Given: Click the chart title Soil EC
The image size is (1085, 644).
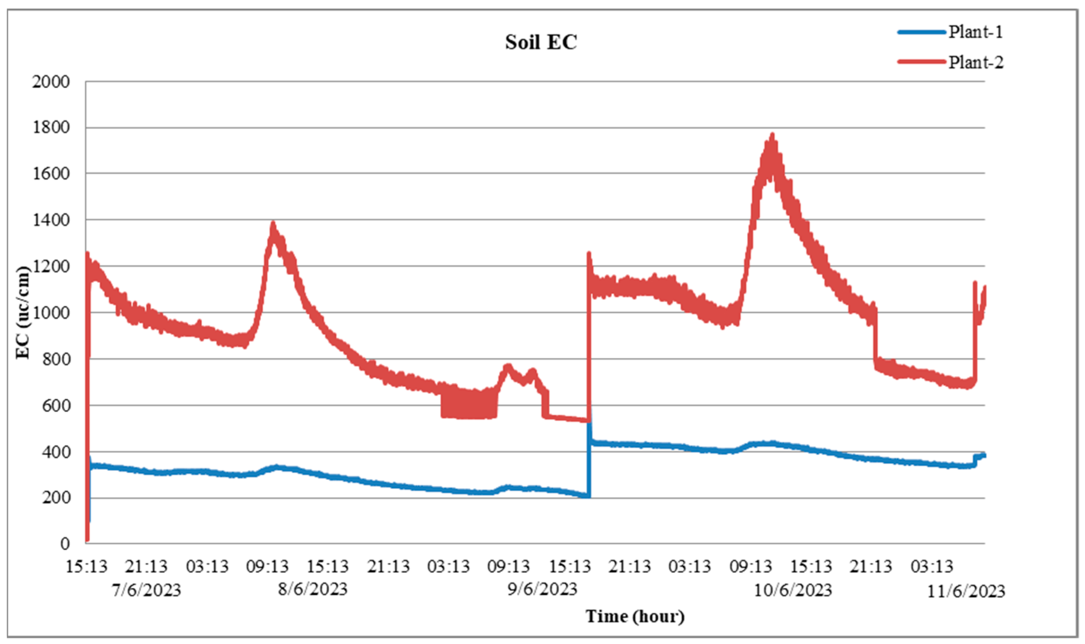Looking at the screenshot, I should point(541,42).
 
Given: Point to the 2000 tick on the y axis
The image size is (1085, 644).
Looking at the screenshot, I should point(51,82).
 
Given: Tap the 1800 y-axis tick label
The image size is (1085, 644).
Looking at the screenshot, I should point(51,127).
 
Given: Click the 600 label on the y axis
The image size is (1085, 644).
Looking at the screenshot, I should point(56,406).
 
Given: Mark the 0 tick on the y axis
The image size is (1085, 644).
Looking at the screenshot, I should point(65,544).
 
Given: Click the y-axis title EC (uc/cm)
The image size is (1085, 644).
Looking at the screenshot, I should point(23,312).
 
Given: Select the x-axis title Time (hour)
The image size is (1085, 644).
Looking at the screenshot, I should point(635,616).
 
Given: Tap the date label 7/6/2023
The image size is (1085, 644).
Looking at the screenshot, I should point(147,591).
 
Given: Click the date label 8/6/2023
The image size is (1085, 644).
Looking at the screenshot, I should point(313,589).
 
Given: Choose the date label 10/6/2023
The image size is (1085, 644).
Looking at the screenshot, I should point(793,591).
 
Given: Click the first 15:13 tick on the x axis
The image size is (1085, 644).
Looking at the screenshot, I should point(86,567).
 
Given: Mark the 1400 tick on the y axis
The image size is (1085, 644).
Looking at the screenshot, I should point(51,220).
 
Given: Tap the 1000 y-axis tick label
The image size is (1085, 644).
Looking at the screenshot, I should point(51,313).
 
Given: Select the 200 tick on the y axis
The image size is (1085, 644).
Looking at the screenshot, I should point(56,498).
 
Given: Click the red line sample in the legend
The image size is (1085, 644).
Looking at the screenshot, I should point(921,62).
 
